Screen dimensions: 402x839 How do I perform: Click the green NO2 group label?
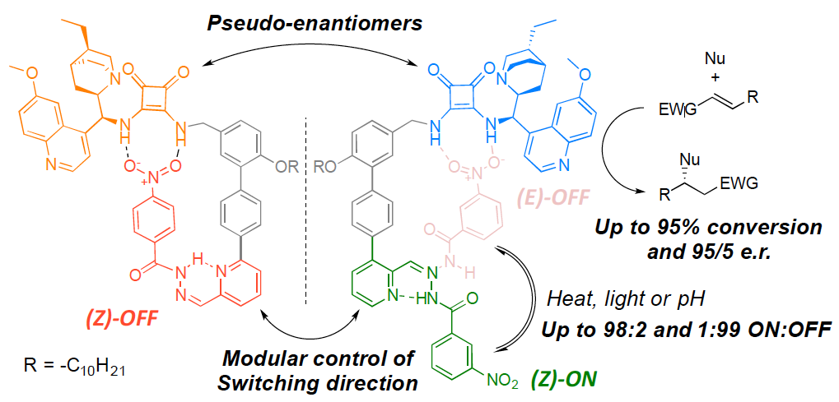(502, 381)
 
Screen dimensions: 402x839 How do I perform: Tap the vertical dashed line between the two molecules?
(307, 206)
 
